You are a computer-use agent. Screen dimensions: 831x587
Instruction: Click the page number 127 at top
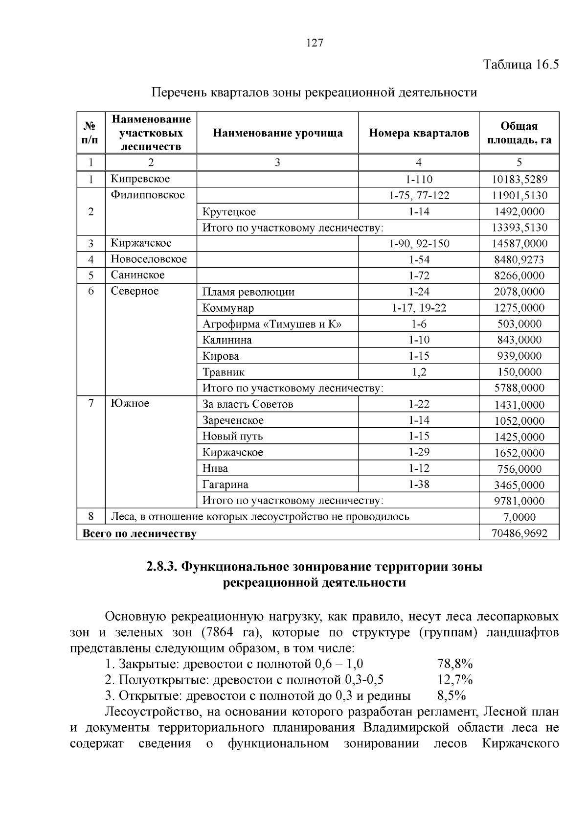click(315, 43)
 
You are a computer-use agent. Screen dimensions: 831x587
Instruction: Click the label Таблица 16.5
click(520, 65)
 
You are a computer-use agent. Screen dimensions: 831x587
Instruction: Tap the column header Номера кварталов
click(419, 133)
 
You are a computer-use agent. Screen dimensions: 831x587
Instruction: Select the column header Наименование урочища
click(277, 133)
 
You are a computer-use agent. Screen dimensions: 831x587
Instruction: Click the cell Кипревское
click(140, 179)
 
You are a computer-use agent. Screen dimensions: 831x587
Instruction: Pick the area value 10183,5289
click(519, 180)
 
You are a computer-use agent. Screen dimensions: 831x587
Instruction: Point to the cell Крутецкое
click(229, 212)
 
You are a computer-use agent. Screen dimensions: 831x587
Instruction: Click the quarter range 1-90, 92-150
click(419, 244)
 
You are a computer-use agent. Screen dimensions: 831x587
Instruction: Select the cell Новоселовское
click(149, 259)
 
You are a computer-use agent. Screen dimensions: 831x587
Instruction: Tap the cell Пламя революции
click(248, 293)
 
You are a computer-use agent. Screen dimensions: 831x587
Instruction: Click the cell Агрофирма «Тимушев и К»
click(272, 324)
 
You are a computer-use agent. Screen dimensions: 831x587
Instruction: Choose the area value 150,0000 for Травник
click(519, 372)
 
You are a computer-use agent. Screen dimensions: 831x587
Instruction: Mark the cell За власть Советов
click(248, 404)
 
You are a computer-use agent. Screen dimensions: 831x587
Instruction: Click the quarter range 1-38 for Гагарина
click(419, 485)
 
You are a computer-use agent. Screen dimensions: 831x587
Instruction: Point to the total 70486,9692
click(519, 533)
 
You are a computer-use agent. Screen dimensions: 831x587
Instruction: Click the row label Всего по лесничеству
click(139, 533)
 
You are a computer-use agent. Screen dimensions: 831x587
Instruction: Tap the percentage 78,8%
click(454, 664)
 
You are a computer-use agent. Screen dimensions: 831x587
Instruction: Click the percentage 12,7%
click(454, 680)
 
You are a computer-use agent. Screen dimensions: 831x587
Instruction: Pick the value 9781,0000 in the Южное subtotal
click(519, 501)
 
